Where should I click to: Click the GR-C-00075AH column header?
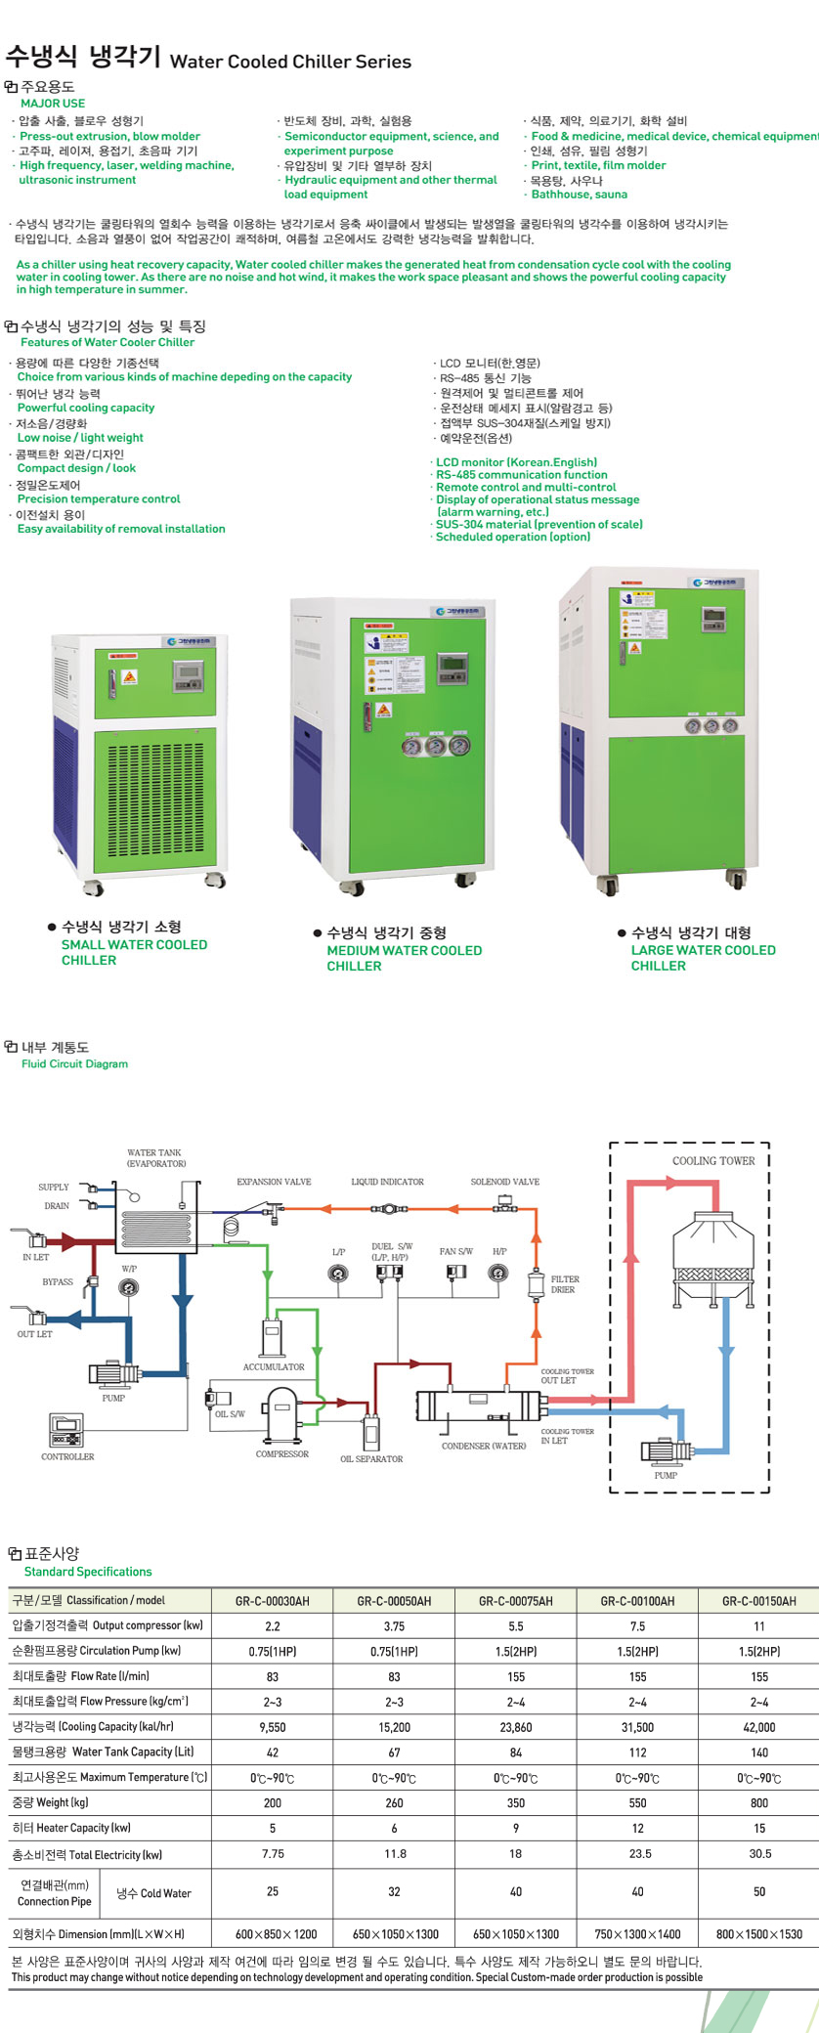515,1601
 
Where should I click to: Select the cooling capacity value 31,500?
637,1727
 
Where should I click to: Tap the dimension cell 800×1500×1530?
758,1933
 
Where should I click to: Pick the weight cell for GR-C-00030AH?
272,1802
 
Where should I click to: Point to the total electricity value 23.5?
637,1853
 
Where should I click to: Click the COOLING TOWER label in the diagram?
713,1161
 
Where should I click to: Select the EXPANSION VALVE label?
274,1182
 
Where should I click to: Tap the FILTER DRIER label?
565,1284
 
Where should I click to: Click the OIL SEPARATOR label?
371,1459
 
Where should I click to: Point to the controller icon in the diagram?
66,1431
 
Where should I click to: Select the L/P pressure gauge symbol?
338,1273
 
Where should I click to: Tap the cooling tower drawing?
713,1256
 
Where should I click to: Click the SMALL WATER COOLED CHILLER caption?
134,952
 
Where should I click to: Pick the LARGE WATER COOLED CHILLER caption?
703,958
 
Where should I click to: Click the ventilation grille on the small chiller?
154,800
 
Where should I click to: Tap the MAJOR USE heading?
53,103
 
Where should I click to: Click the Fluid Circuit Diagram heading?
74,1063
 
